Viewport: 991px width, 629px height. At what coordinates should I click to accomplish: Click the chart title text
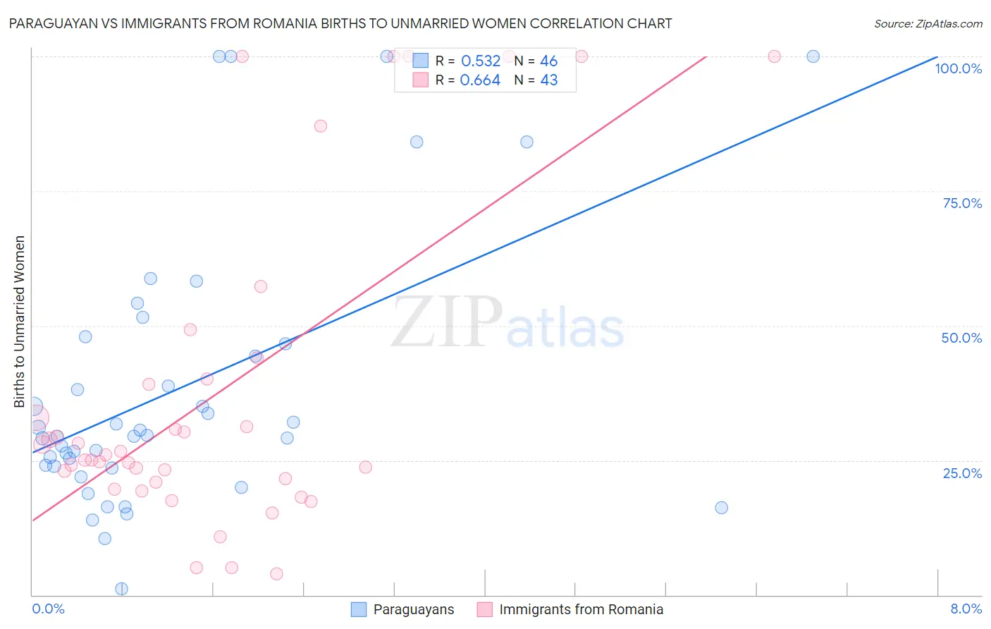(x=340, y=23)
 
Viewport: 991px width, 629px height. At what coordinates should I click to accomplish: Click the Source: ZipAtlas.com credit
(x=928, y=23)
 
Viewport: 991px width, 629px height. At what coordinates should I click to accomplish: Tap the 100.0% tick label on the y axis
(x=958, y=68)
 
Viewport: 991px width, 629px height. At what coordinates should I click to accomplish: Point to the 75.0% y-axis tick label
(x=961, y=203)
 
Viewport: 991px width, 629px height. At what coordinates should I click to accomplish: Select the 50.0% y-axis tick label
(x=961, y=338)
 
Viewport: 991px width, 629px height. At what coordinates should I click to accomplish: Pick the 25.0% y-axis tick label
(x=961, y=473)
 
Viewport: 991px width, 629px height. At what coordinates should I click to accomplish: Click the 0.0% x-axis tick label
(x=48, y=609)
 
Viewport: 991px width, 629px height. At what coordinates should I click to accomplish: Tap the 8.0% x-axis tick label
(x=966, y=609)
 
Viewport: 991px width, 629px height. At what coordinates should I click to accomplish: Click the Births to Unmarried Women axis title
(x=20, y=322)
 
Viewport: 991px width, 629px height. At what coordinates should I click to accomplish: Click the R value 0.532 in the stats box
(x=480, y=61)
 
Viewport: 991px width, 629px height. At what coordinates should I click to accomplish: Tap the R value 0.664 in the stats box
(x=480, y=80)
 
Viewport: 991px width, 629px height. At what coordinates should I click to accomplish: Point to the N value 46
(x=548, y=61)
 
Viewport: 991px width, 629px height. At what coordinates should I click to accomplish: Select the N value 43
(x=548, y=80)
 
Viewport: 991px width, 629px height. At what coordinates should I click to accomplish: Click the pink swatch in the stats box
(x=420, y=80)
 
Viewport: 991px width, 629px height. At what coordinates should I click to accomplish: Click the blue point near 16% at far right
(x=721, y=508)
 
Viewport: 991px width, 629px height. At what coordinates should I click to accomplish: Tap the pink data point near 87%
(x=321, y=126)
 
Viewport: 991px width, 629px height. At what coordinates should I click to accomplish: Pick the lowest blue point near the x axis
(x=121, y=589)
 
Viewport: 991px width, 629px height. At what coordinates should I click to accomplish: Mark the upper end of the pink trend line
(x=706, y=56)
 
